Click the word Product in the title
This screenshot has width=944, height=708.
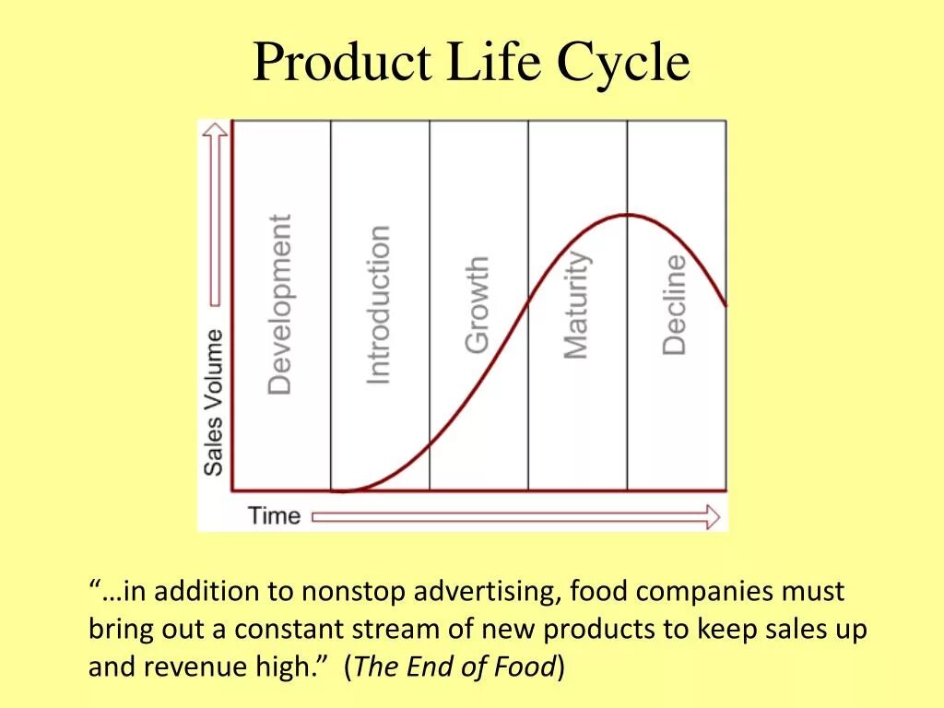pyautogui.click(x=341, y=63)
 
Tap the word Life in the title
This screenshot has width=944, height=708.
pyautogui.click(x=495, y=63)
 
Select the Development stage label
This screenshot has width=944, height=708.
pyautogui.click(x=279, y=304)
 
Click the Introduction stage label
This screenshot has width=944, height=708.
pyautogui.click(x=379, y=304)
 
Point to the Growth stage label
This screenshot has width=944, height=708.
pyautogui.click(x=477, y=304)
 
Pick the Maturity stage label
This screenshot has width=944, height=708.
pyautogui.click(x=576, y=304)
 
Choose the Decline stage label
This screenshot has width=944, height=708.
pyautogui.click(x=675, y=304)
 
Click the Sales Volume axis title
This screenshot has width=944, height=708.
pyautogui.click(x=214, y=402)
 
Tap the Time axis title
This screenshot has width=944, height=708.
pyautogui.click(x=274, y=515)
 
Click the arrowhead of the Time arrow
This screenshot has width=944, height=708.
pyautogui.click(x=711, y=516)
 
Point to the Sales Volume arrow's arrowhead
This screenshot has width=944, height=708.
pyautogui.click(x=215, y=134)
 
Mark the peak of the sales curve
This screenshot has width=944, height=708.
pyautogui.click(x=626, y=215)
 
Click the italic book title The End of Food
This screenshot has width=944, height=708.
pyautogui.click(x=454, y=667)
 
